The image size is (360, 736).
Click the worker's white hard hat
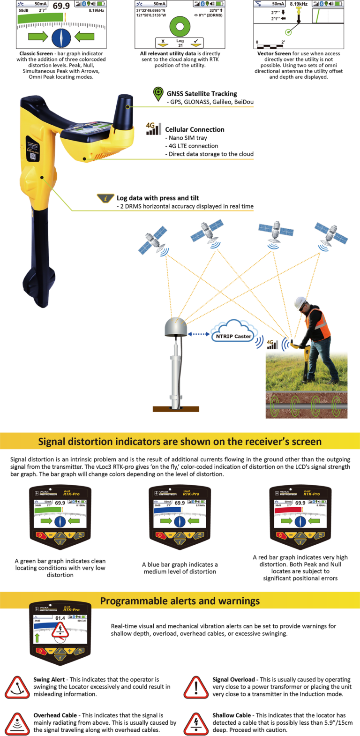pos(300,303)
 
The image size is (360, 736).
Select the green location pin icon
pos(158,93)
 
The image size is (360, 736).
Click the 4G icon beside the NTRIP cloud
pos(270,343)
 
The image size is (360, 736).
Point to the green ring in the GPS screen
pos(180,26)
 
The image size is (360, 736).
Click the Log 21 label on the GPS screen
pos(180,43)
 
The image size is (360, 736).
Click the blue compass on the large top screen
pos(61,37)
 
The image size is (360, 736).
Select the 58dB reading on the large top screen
pos(23,10)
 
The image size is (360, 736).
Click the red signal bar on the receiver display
pos(288,510)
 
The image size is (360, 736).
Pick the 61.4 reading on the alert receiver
pos(60,618)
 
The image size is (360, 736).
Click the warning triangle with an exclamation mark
pos(196,688)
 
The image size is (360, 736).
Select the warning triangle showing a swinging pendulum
pos(17,688)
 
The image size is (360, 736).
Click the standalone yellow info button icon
pos(105,198)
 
